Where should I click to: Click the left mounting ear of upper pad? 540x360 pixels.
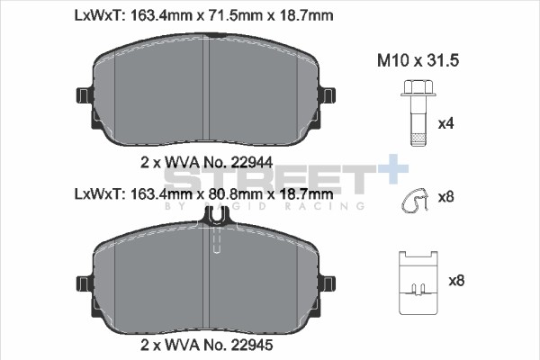pyautogui.click(x=85, y=95)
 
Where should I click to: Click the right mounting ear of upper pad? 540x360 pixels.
pyautogui.click(x=328, y=95)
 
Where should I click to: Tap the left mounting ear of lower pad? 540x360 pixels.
pyautogui.click(x=85, y=283)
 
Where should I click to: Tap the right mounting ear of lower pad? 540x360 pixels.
pyautogui.click(x=328, y=283)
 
